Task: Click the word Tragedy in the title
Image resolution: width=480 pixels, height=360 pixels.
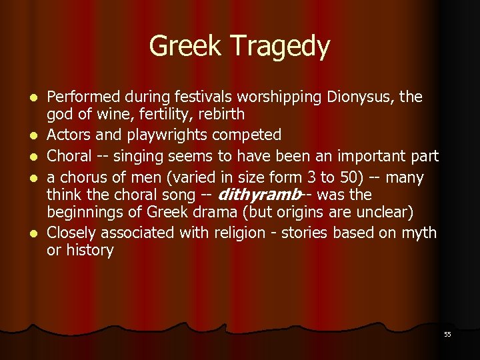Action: point(286,47)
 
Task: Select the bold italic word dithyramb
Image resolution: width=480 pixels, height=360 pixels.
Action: point(259,195)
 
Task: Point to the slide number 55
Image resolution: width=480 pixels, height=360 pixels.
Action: point(447,334)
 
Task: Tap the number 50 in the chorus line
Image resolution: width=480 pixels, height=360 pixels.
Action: point(335,178)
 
